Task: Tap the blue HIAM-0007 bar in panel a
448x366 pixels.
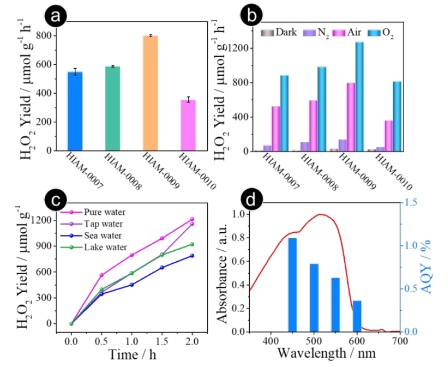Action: click(x=75, y=111)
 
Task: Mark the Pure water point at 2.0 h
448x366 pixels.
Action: click(x=192, y=219)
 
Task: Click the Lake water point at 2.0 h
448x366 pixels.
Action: click(x=192, y=244)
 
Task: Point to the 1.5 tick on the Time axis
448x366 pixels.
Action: click(x=162, y=342)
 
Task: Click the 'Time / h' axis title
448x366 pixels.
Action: click(x=131, y=355)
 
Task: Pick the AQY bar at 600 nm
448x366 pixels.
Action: click(x=357, y=316)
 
